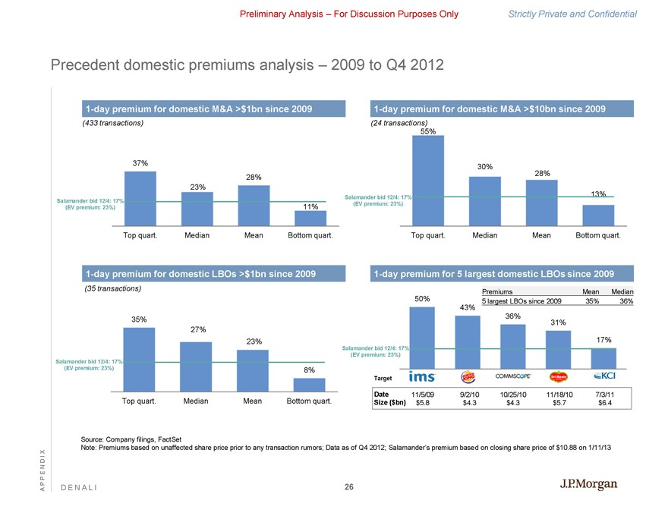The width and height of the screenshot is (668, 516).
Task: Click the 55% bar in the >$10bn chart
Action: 427,181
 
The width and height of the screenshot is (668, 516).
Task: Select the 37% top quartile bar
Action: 140,198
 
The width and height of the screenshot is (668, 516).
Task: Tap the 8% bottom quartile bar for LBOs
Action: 309,385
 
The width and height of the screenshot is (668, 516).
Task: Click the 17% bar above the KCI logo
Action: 603,357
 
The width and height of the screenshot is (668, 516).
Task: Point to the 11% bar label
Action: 310,206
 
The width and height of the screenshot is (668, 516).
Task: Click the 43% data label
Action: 468,307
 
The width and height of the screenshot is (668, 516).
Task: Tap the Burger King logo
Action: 468,377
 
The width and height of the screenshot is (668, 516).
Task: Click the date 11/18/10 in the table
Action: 558,393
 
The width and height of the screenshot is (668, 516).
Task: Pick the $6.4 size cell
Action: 604,403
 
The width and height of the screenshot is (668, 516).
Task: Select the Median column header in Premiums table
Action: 622,292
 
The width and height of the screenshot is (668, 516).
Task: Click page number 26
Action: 348,486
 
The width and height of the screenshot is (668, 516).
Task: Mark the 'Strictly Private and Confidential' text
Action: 582,14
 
